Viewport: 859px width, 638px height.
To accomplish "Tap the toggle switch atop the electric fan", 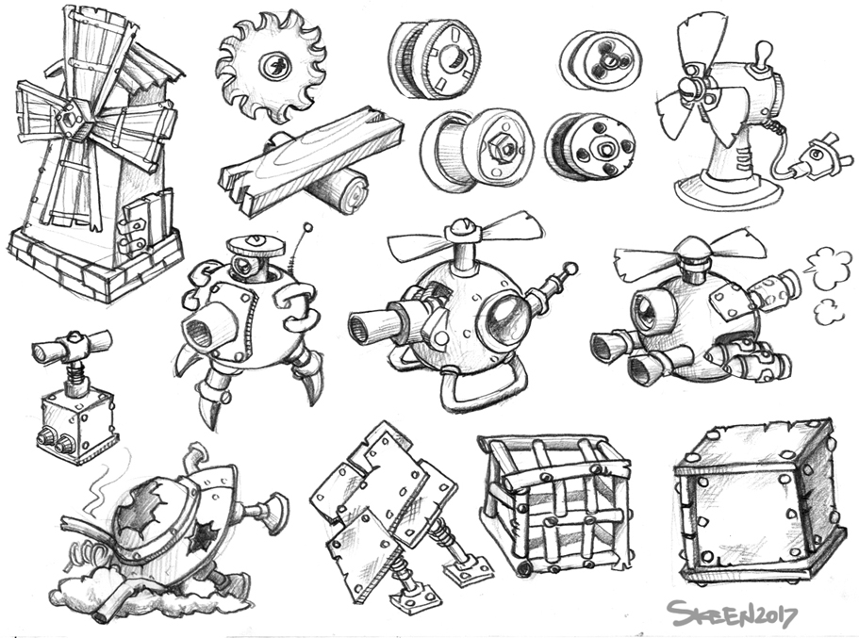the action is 763,55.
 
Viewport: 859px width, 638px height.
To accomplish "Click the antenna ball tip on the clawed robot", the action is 308,227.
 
